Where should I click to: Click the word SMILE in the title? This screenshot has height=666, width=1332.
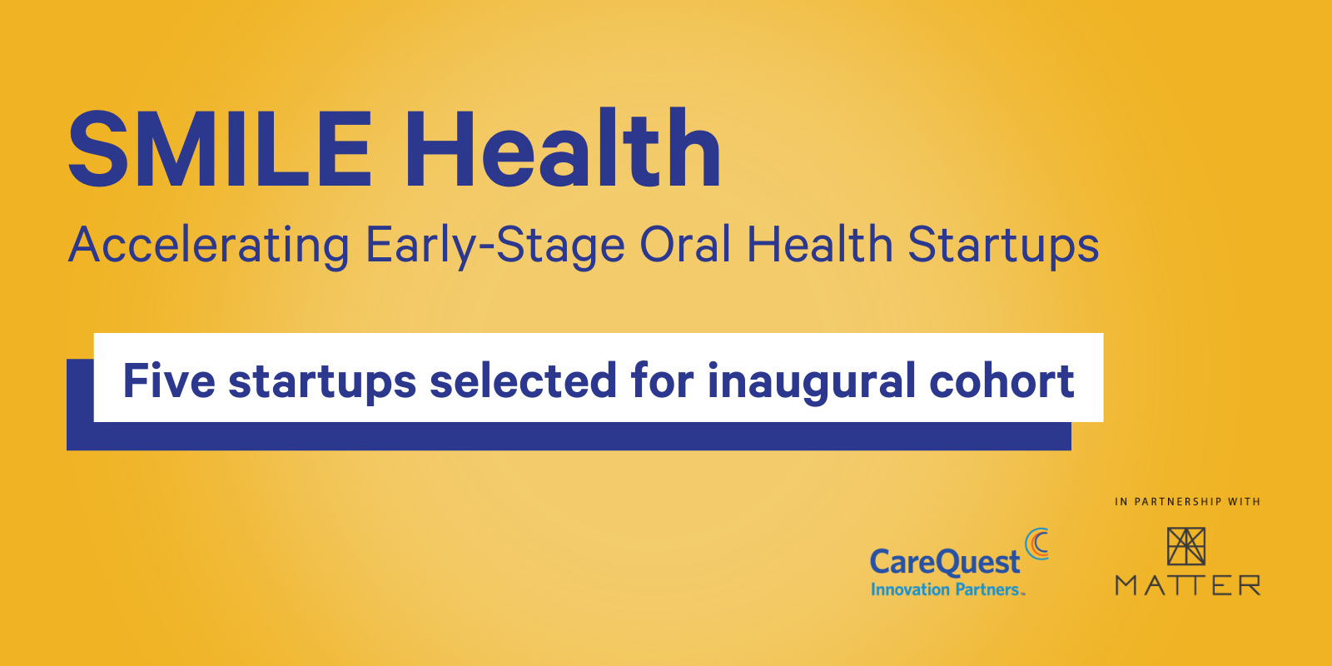(221, 149)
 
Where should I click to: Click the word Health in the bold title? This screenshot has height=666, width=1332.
(563, 147)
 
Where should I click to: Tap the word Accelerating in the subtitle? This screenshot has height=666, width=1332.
(209, 246)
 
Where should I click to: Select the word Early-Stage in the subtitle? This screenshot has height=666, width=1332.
(495, 246)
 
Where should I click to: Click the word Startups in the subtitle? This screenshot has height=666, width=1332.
(1003, 246)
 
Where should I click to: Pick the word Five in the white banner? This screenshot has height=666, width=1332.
(169, 380)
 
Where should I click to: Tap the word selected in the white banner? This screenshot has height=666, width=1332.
(524, 380)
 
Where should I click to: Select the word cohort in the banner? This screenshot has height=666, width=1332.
(1002, 380)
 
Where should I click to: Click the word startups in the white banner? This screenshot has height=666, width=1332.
(322, 383)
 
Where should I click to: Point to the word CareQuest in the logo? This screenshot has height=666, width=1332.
(945, 562)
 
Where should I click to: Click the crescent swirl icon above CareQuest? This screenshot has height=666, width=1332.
(1037, 544)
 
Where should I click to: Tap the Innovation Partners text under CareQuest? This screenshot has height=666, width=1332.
(948, 589)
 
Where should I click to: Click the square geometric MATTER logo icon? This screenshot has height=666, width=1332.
(1186, 546)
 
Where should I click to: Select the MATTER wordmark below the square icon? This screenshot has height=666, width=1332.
(1188, 585)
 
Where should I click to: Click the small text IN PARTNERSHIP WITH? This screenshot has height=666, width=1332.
(1187, 502)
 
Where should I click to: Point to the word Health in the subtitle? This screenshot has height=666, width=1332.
(820, 244)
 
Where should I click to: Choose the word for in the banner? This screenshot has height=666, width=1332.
(663, 380)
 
